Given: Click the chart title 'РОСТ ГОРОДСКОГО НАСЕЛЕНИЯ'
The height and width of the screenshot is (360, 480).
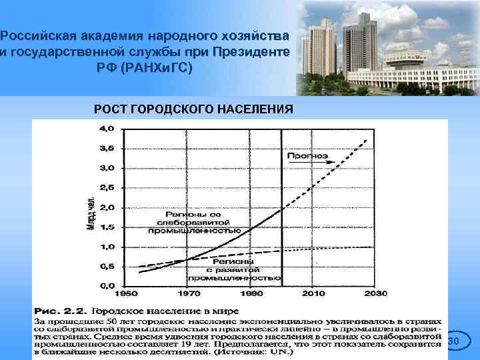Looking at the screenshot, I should pyautogui.click(x=193, y=109).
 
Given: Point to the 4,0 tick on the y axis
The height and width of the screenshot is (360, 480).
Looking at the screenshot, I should pyautogui.click(x=107, y=128).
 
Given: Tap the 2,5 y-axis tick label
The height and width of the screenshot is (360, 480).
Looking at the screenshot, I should pyautogui.click(x=107, y=187).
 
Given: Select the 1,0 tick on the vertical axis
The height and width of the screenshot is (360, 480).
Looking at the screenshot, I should pyautogui.click(x=107, y=247).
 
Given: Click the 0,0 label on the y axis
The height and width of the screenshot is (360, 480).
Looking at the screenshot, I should pyautogui.click(x=107, y=286).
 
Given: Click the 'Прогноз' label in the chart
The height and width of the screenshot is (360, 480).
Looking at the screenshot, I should pyautogui.click(x=307, y=155).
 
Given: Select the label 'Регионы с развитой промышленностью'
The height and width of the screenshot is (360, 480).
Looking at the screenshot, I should pyautogui.click(x=233, y=271).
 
